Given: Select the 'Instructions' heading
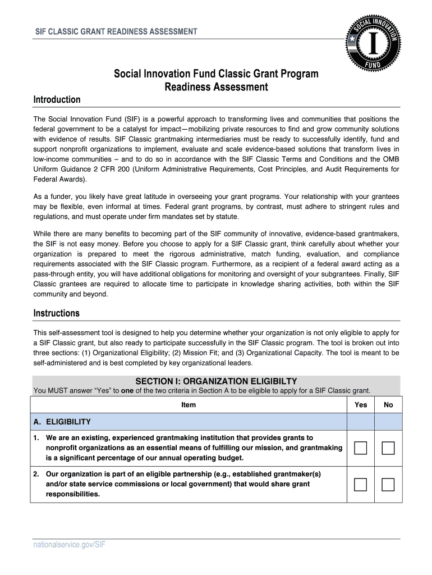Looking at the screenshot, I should (x=57, y=313).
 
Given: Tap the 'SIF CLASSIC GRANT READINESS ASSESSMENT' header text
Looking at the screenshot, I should (x=116, y=31).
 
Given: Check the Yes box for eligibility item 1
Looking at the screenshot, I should (x=361, y=448).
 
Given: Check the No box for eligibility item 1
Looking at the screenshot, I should (x=388, y=448).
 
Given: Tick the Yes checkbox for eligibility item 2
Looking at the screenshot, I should (x=361, y=484).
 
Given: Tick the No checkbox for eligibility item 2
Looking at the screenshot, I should (x=388, y=484).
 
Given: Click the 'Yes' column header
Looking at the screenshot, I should (x=361, y=404).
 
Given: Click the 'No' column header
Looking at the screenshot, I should (x=388, y=404).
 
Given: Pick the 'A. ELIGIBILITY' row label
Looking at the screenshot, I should (x=62, y=422).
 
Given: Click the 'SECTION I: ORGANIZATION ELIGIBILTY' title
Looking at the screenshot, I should (x=216, y=381).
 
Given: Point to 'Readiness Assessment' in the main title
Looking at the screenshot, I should (x=216, y=88).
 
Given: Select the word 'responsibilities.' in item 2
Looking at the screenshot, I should (x=73, y=494).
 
